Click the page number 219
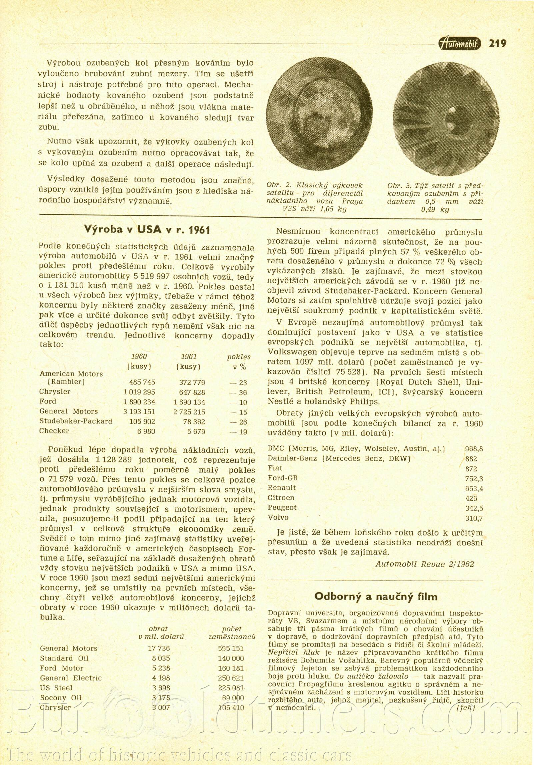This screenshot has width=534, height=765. coord(497,43)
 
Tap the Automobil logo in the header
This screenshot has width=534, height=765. coord(460,43)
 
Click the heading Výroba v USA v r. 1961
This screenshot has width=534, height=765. coord(147,230)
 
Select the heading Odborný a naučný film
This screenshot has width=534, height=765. coord(376,596)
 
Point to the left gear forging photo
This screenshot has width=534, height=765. coord(319,114)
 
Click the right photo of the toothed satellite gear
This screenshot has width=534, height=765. coord(446,118)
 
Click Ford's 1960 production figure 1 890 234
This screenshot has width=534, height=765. coord(139,402)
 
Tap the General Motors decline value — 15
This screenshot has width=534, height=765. coord(238,412)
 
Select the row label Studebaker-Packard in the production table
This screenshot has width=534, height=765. coord(76,421)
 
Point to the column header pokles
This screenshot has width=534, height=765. coord(238,357)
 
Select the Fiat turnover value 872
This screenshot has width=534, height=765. coord(471,469)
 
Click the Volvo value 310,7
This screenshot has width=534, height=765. coord(474,518)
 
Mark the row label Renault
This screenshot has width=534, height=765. coord(282,488)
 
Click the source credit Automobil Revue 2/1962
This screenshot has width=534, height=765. coord(425,564)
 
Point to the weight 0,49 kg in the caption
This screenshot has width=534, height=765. coord(435,209)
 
